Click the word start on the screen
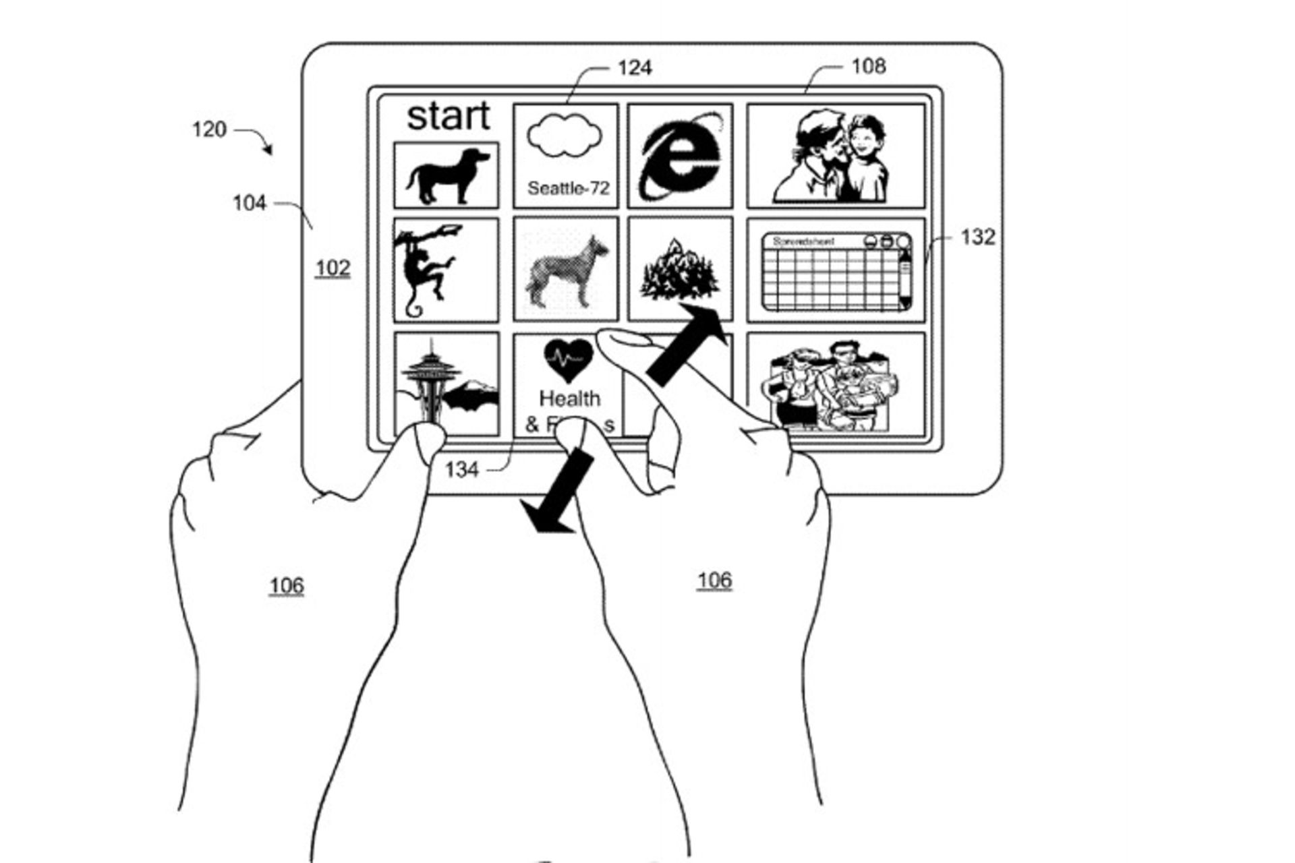tap(449, 116)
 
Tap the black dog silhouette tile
tap(447, 175)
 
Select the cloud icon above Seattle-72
tap(565, 136)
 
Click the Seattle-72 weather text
tap(568, 188)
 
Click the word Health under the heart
tap(570, 398)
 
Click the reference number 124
tap(635, 68)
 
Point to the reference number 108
tap(868, 66)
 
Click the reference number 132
tap(977, 237)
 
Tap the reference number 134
tap(462, 470)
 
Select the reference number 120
tap(209, 129)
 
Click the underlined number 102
tap(333, 268)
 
